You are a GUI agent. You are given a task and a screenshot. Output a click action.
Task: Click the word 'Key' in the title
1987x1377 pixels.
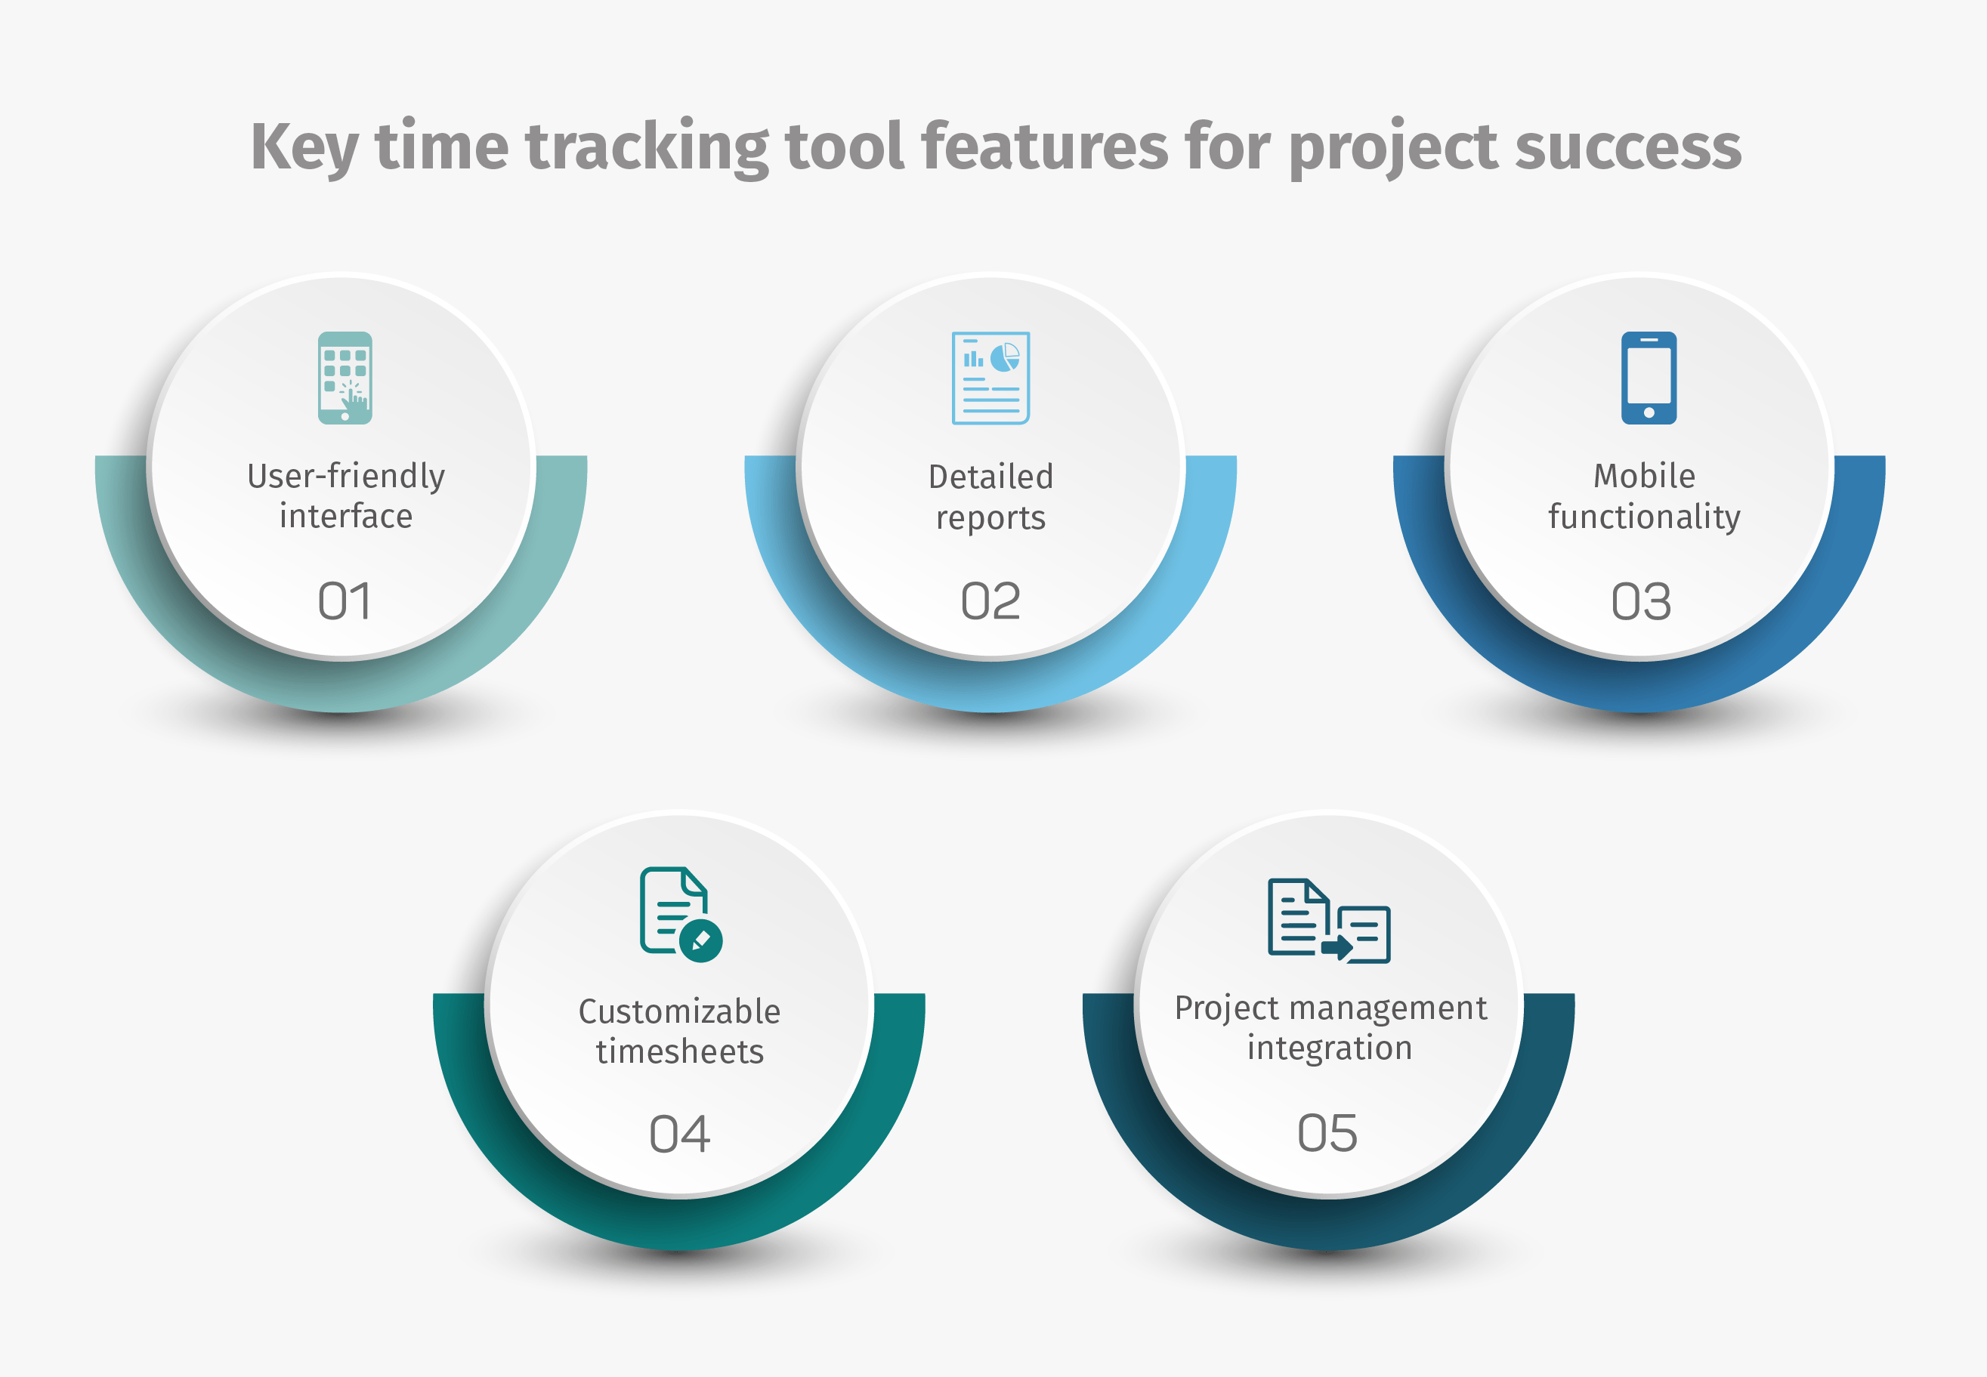click(x=304, y=147)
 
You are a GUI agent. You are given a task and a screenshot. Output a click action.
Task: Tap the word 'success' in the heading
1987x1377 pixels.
click(x=1627, y=147)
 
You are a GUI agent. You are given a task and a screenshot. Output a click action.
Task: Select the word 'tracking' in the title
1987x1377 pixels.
click(x=646, y=147)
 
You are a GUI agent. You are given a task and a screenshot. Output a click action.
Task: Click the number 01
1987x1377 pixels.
click(x=345, y=601)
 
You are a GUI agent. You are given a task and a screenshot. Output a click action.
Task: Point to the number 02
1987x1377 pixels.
click(x=990, y=601)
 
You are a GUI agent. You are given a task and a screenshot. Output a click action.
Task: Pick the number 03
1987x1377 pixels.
click(x=1641, y=601)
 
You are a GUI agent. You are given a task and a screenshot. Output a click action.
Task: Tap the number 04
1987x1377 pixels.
click(x=680, y=1134)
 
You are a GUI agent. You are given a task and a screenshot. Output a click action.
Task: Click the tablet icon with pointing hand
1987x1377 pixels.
click(x=345, y=378)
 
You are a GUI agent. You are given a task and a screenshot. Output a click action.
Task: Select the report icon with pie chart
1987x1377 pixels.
click(x=990, y=378)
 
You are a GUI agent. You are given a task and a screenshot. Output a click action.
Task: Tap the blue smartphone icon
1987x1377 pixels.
click(x=1649, y=378)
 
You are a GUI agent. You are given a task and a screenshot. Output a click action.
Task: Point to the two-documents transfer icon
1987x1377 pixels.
click(x=1329, y=921)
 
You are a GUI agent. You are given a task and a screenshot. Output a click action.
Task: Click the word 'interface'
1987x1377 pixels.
click(x=346, y=517)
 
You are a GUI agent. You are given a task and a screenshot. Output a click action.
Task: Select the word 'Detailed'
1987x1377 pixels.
click(x=990, y=477)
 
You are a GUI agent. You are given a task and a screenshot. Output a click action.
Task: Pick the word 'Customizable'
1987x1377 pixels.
click(x=680, y=1012)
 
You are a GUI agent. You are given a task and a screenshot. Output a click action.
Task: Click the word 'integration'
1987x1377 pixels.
click(x=1330, y=1048)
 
